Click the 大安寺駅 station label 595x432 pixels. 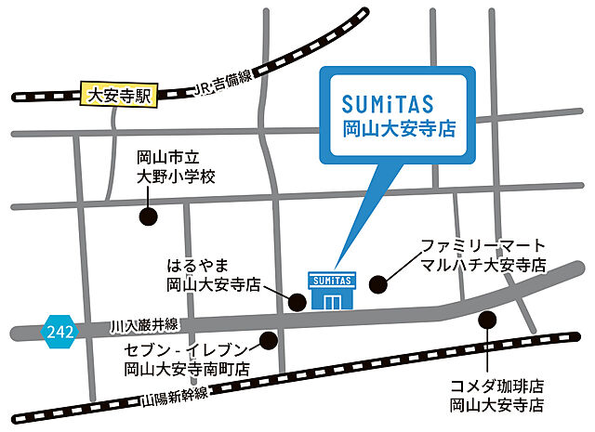[x=121, y=94]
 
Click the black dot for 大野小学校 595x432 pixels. [x=146, y=217]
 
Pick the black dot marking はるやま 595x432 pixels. [x=297, y=302]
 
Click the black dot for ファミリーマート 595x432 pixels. [x=377, y=283]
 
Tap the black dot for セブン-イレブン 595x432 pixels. [x=269, y=340]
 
